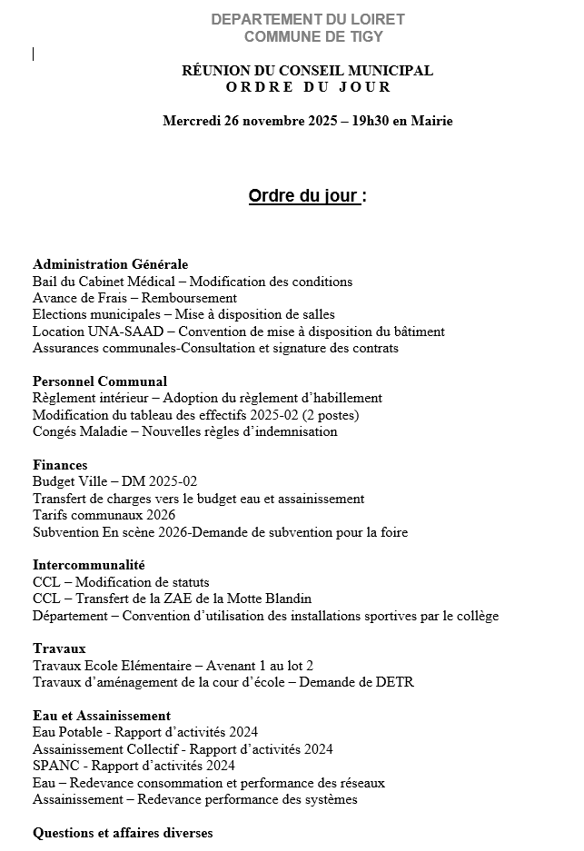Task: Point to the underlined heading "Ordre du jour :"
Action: pyautogui.click(x=307, y=196)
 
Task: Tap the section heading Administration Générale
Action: pyautogui.click(x=110, y=264)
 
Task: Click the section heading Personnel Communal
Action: pyautogui.click(x=100, y=381)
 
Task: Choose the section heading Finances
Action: pyautogui.click(x=60, y=465)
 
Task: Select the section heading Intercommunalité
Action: pyautogui.click(x=89, y=565)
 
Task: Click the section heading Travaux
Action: pyautogui.click(x=59, y=648)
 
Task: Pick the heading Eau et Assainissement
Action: pyautogui.click(x=102, y=716)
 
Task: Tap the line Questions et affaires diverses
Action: pyautogui.click(x=123, y=833)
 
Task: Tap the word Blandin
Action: pyautogui.click(x=286, y=599)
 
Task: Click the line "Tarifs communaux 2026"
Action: pyautogui.click(x=104, y=515)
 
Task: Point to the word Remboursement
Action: pyautogui.click(x=192, y=298)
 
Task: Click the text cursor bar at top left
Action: pyautogui.click(x=34, y=54)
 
